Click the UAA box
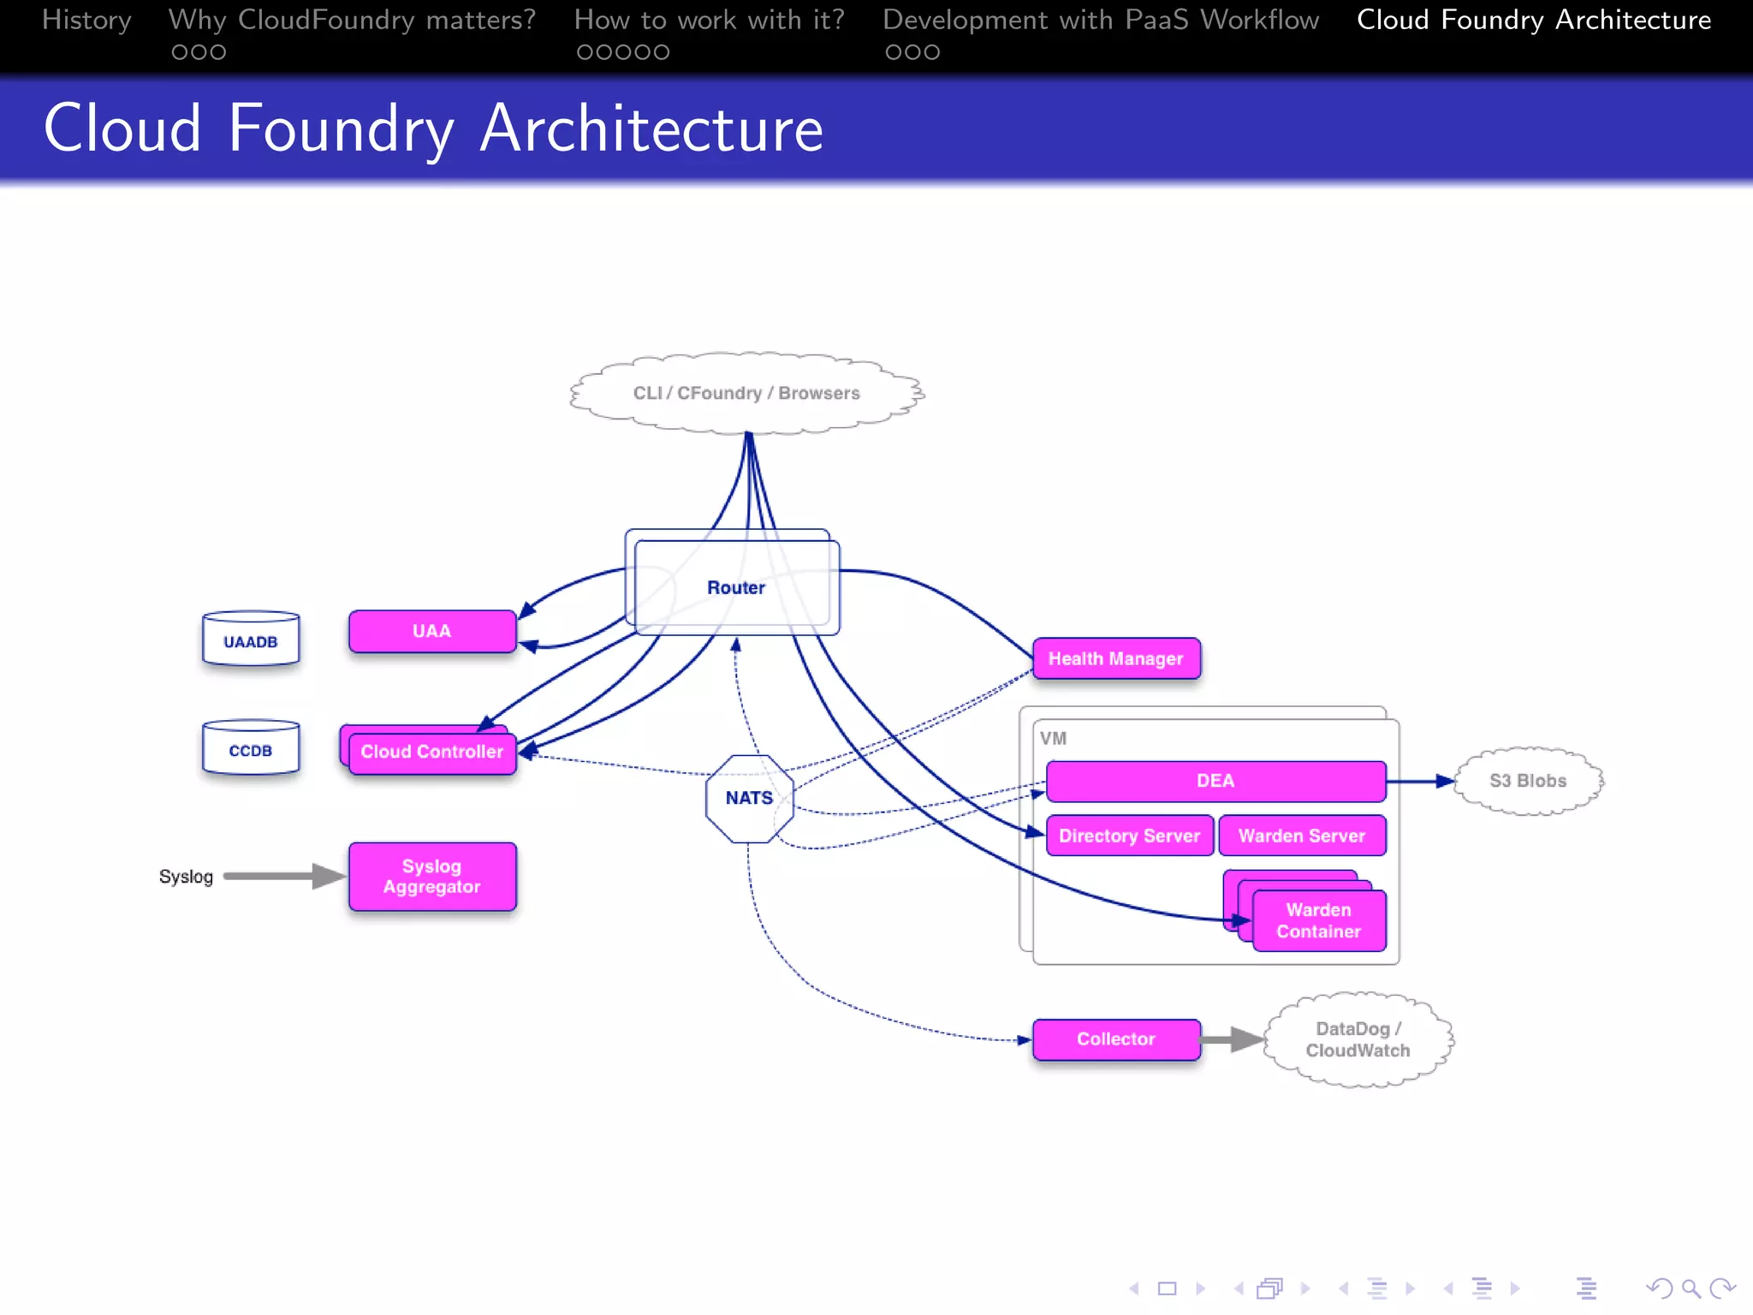[x=431, y=632]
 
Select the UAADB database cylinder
[x=251, y=640]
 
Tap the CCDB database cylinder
[x=251, y=749]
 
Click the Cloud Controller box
[x=432, y=753]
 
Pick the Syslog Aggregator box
[x=432, y=877]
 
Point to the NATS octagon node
[x=749, y=798]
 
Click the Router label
[x=735, y=587]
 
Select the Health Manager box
[x=1115, y=658]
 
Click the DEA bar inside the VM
[x=1215, y=781]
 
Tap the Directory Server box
[x=1129, y=836]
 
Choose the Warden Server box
[x=1301, y=836]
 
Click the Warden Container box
[x=1318, y=921]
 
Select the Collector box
[x=1115, y=1039]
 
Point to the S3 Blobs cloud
[x=1528, y=781]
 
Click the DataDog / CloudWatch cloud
[x=1358, y=1039]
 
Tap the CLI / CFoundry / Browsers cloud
[x=746, y=393]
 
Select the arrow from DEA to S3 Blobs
[x=1420, y=781]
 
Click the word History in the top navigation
[x=86, y=20]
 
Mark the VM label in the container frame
[x=1053, y=738]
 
